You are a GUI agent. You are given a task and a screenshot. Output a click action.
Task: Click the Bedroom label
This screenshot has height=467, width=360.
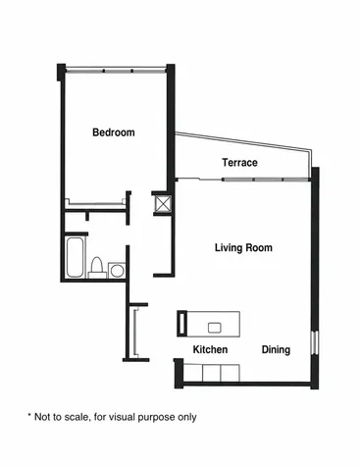(114, 132)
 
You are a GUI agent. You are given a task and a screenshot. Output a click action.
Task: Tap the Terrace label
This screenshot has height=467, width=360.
(239, 163)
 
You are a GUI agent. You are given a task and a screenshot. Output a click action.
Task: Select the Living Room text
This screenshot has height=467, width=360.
(243, 247)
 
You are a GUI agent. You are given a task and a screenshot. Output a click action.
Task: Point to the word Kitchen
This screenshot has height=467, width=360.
(210, 349)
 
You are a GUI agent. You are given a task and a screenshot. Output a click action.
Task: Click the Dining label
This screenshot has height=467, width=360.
(276, 350)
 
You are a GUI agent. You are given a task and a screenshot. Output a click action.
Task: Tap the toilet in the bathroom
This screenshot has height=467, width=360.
(96, 267)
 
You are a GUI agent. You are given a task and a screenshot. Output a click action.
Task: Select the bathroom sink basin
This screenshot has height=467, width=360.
(117, 271)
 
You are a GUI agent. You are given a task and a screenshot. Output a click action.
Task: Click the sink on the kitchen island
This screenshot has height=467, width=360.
(215, 328)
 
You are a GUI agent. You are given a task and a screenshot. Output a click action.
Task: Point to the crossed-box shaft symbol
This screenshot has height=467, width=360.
(163, 204)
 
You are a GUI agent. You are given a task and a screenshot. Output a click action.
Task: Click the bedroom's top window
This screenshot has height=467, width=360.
(116, 70)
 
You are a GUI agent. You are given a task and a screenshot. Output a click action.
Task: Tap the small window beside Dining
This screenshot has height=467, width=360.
(314, 342)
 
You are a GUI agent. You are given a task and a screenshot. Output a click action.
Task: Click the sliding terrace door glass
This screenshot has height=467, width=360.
(266, 180)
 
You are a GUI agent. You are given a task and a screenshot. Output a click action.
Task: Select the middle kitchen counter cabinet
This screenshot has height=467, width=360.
(212, 373)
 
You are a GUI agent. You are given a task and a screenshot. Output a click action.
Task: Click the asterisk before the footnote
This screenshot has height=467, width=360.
(29, 416)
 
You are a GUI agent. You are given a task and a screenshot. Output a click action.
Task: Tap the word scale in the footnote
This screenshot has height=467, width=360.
(77, 417)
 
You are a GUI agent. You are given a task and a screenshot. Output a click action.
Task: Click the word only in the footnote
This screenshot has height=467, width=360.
(187, 418)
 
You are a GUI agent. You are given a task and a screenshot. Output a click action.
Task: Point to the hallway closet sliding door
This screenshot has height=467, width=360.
(134, 333)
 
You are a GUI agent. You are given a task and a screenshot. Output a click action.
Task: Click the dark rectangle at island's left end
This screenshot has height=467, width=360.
(181, 324)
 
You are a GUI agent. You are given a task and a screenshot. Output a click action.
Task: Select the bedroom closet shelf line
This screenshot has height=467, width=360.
(96, 203)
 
